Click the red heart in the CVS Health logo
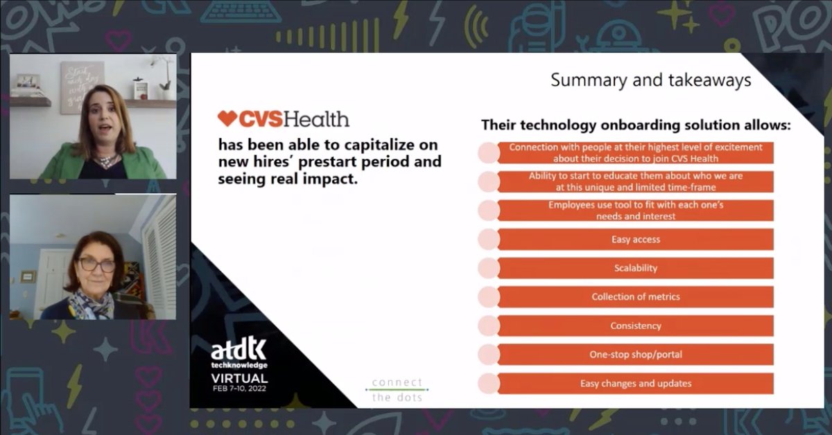(227, 119)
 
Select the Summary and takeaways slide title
(650, 80)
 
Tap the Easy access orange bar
(635, 240)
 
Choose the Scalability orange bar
(635, 268)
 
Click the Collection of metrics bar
(635, 296)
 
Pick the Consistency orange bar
(635, 326)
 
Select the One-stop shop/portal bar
(635, 355)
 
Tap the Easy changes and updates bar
(635, 383)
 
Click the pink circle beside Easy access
(488, 240)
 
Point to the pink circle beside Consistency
(488, 326)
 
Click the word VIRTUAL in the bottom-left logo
(239, 378)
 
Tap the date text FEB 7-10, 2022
(239, 389)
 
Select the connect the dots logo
(397, 389)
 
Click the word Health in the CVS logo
(316, 119)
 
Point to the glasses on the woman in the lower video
(96, 265)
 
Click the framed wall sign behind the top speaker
(81, 87)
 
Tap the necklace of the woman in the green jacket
(104, 161)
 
